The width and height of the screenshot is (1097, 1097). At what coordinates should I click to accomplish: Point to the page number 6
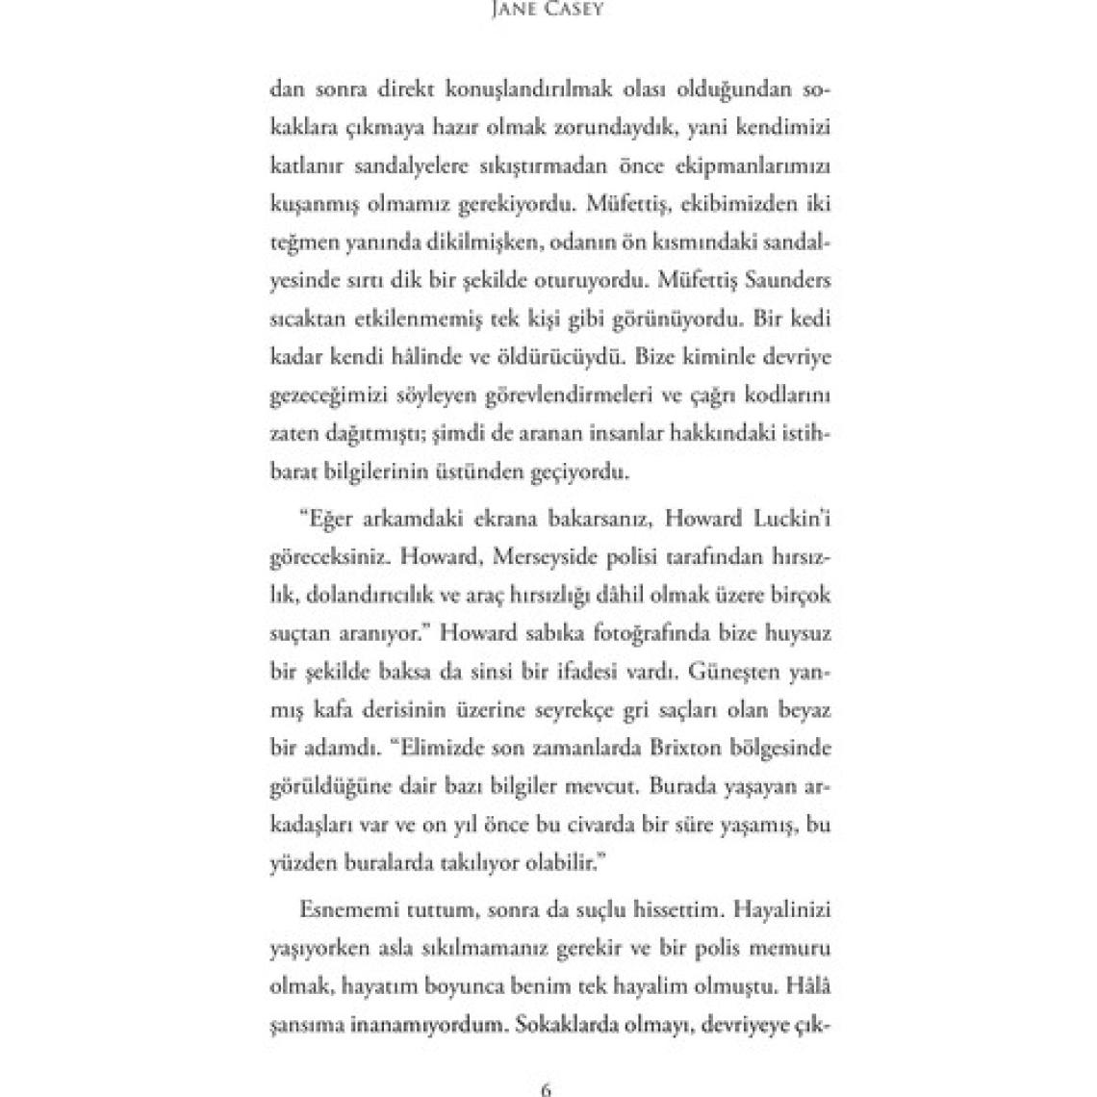547,1089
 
